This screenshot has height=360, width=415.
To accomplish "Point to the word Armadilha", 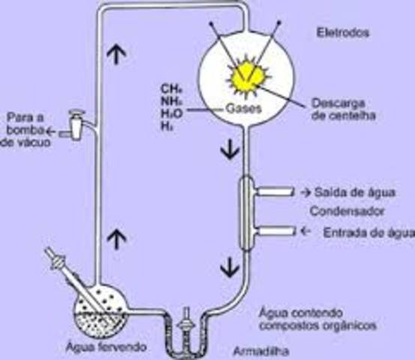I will pos(259,350).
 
